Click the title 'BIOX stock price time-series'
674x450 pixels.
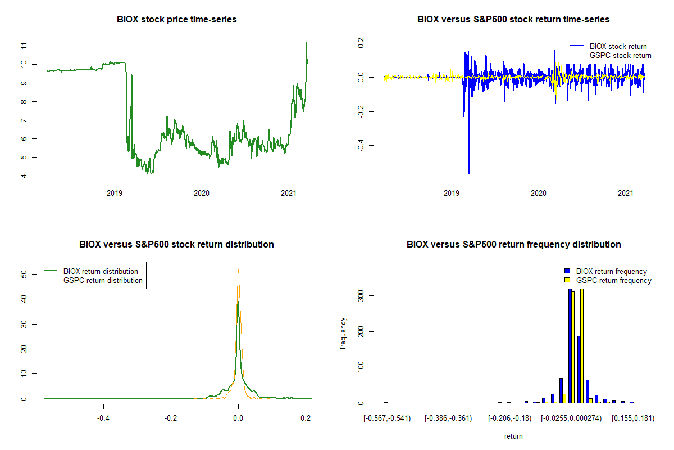[177, 20]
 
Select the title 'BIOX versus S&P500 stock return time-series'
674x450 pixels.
[513, 20]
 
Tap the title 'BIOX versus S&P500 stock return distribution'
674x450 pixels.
[176, 245]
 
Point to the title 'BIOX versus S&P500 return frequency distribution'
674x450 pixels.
[513, 245]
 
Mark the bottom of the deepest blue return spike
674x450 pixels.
[469, 174]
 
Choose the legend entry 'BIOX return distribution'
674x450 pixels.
[101, 272]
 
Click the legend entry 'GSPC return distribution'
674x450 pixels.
[103, 281]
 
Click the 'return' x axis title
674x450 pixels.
[513, 436]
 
